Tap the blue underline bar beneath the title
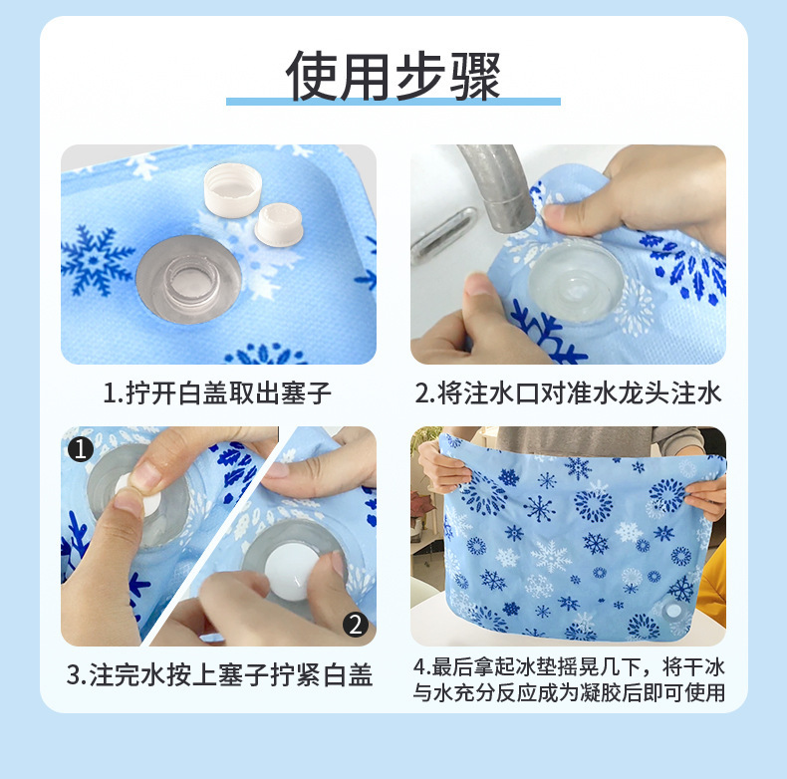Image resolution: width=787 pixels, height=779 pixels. pyautogui.click(x=393, y=101)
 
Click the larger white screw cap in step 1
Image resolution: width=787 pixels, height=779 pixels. pyautogui.click(x=231, y=188)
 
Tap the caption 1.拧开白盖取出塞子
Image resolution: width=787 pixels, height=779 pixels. pyautogui.click(x=217, y=393)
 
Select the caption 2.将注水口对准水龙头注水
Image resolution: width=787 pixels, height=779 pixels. pyautogui.click(x=567, y=393)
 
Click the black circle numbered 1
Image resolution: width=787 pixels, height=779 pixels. pyautogui.click(x=80, y=449)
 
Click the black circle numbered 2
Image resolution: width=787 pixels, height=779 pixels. pyautogui.click(x=356, y=625)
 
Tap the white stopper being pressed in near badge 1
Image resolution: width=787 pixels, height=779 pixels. pyautogui.click(x=128, y=486)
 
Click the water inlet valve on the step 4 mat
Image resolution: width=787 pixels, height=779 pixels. pyautogui.click(x=674, y=609)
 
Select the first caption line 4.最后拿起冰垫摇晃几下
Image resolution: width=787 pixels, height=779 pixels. pyautogui.click(x=568, y=664)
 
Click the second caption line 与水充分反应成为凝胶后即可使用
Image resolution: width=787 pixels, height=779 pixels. pyautogui.click(x=568, y=691)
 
